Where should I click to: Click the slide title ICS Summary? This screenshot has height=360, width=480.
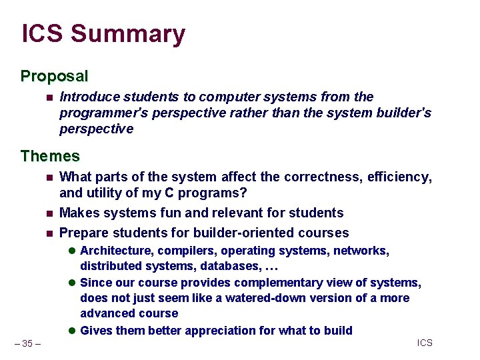pos(103,34)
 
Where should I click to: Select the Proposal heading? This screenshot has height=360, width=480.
pos(54,76)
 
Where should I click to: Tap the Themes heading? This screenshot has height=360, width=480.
pos(50,156)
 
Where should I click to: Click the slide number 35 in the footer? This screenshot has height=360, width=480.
pos(27,343)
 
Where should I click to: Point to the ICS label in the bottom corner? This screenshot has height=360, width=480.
pos(425,343)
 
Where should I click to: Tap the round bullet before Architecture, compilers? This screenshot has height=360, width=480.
pos(72,251)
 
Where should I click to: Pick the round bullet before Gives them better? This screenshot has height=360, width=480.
pos(72,331)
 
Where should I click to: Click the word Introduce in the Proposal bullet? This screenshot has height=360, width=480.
pos(87,97)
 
